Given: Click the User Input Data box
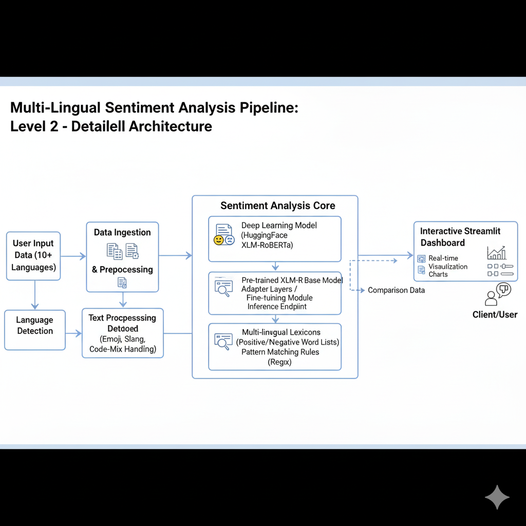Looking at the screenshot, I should (x=33, y=256).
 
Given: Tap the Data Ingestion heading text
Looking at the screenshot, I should (x=122, y=232).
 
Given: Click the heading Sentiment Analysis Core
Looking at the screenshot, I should (x=277, y=205).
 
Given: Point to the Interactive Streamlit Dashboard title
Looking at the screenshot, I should (x=460, y=237).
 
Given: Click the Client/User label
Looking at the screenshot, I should (x=495, y=314).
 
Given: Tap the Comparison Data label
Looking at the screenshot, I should (x=396, y=290).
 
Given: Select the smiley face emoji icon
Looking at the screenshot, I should (x=218, y=240).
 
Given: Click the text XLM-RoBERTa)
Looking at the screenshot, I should (x=267, y=245).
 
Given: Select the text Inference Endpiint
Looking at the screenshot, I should (x=277, y=307).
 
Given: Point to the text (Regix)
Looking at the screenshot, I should (x=279, y=362).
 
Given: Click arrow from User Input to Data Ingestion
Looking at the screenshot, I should (x=73, y=256).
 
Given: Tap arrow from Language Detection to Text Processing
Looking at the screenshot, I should (x=73, y=334).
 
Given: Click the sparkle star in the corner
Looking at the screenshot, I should (x=497, y=497).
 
